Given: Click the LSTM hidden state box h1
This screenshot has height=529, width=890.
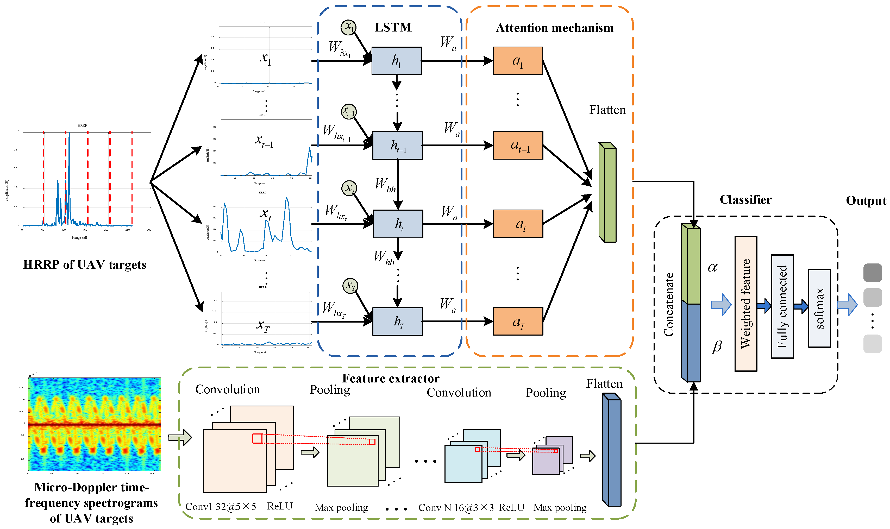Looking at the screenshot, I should tap(396, 61).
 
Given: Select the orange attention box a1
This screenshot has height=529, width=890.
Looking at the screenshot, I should tap(518, 61).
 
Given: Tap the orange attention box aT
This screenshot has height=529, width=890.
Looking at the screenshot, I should tap(518, 321).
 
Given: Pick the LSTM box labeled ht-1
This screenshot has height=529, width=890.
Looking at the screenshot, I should tap(397, 146).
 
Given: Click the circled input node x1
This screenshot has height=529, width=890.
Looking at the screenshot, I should tap(349, 27).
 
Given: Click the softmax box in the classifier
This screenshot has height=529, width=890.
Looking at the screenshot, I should tap(819, 308).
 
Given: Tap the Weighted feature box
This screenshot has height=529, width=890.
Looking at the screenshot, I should tap(746, 304).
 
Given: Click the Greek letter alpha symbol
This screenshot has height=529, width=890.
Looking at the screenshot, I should tap(712, 267).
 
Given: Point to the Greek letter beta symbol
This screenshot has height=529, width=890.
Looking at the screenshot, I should tap(717, 346).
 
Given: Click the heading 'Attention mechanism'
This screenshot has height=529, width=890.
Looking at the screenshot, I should tap(555, 28).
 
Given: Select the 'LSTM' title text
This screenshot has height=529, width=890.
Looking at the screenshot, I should tap(393, 27).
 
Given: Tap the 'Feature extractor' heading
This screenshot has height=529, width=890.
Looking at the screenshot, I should tap(391, 378).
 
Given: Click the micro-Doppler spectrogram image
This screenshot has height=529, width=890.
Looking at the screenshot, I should tap(95, 424).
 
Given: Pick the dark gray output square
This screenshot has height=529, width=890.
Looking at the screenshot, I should tap(873, 273).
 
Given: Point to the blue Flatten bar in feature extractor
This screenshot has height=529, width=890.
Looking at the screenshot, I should tap(612, 450).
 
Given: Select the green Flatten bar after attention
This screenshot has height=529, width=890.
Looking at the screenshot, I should tap(608, 192).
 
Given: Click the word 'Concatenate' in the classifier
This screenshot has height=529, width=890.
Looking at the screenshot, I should tap(669, 304).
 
